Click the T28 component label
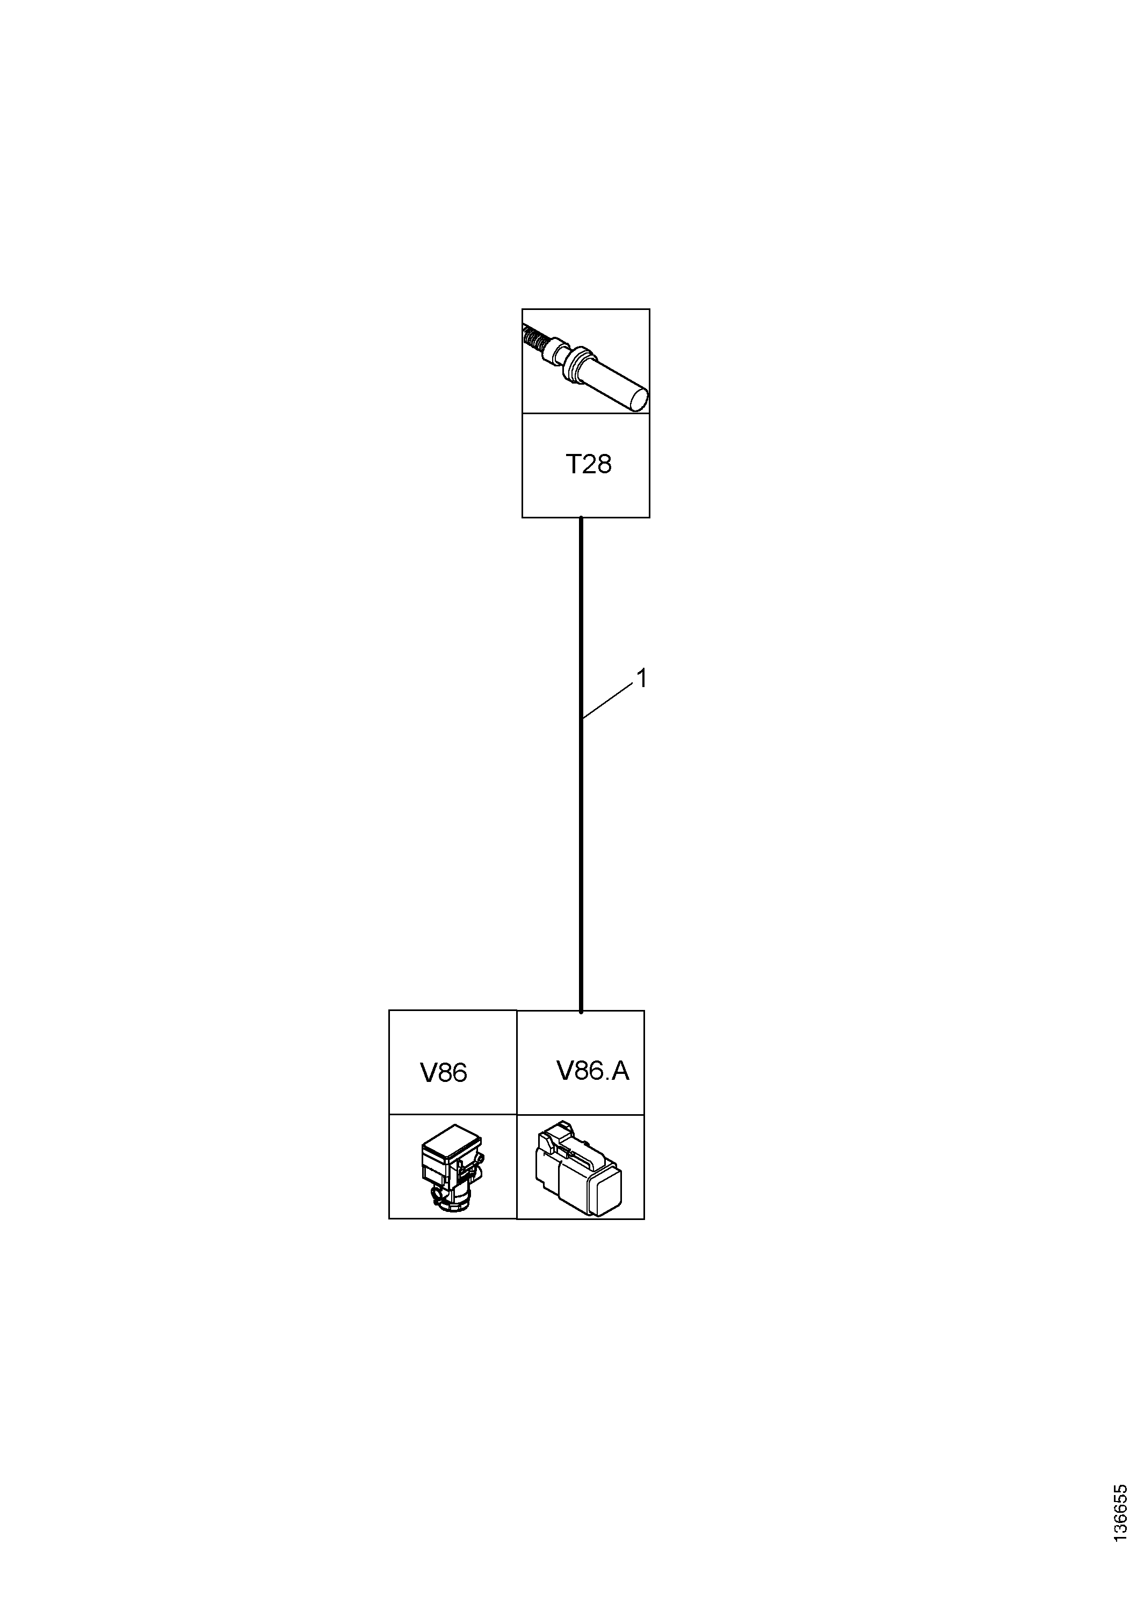tap(588, 464)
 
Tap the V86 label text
tap(444, 1072)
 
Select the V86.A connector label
tap(592, 1071)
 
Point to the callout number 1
tap(641, 678)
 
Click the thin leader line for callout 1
tap(607, 702)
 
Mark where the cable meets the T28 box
tap(581, 518)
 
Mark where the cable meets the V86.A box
tap(581, 1012)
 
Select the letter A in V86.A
tap(620, 1071)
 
